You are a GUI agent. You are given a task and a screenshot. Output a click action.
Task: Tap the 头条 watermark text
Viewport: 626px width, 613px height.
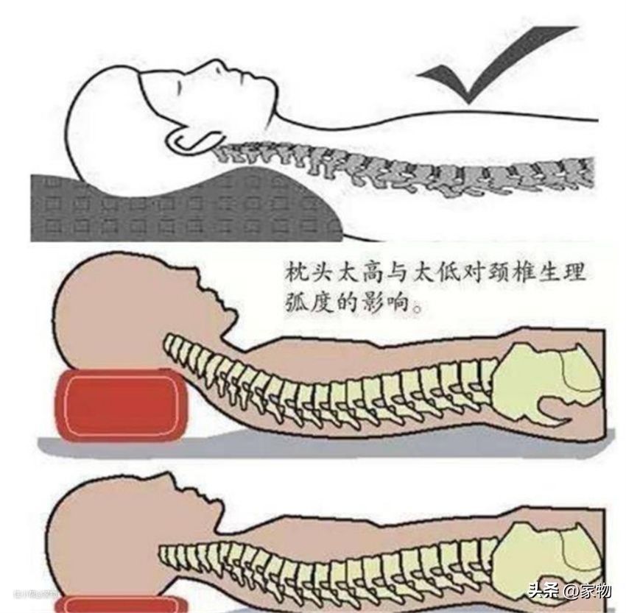(x=544, y=591)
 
